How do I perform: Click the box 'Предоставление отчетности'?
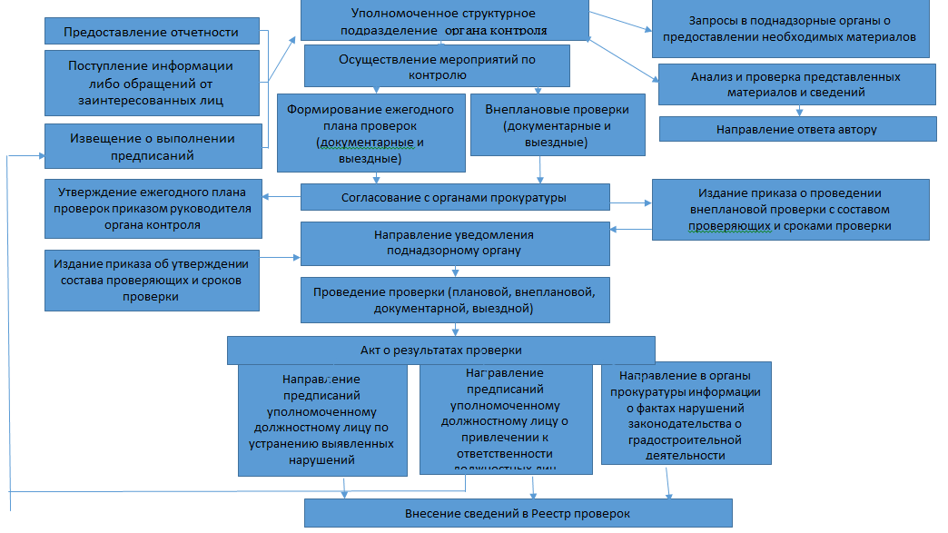(151, 32)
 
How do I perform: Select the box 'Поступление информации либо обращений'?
(151, 83)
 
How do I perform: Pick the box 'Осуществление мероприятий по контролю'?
(436, 64)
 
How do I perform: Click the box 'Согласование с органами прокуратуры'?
(455, 197)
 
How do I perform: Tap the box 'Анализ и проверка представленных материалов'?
(795, 84)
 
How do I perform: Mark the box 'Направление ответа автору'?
(796, 129)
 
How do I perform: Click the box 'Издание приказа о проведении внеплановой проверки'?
(790, 210)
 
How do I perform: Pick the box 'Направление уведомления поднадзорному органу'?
(455, 242)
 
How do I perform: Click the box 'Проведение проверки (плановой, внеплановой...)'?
(454, 301)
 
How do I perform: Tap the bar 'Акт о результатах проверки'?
(440, 350)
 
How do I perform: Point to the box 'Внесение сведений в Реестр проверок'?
(518, 514)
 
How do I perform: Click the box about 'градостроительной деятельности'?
(686, 412)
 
